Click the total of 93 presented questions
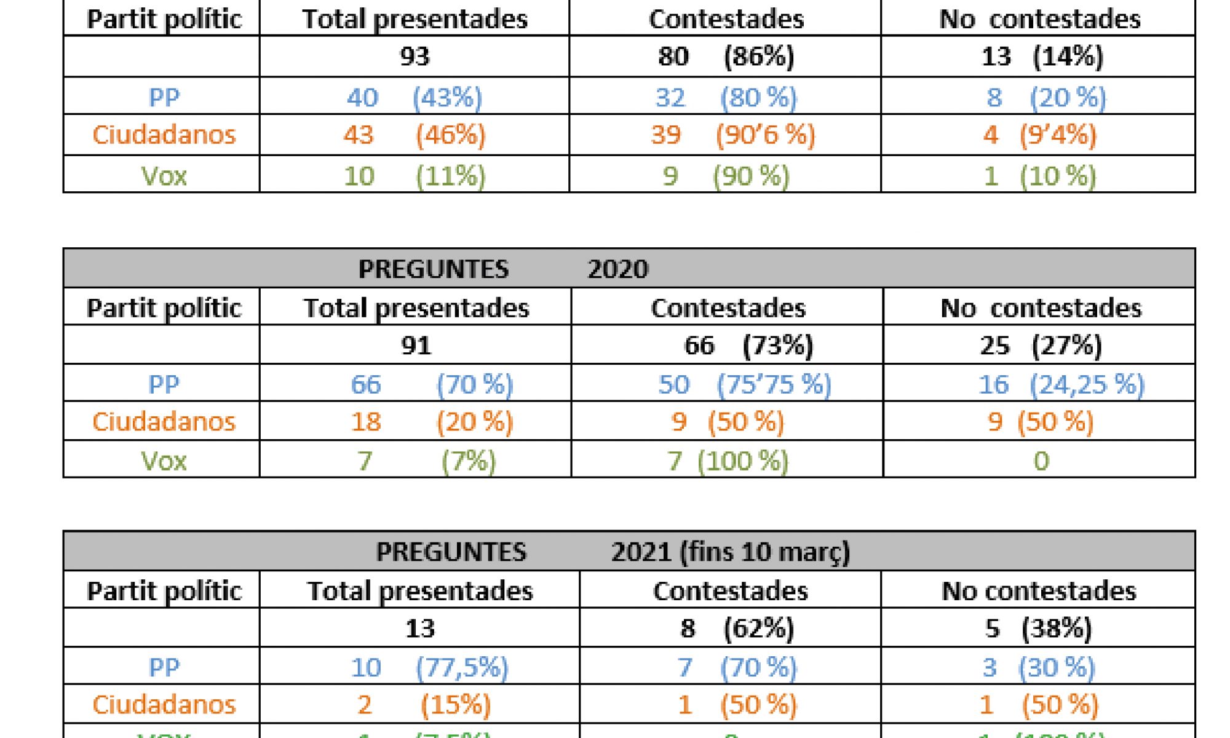click(x=415, y=57)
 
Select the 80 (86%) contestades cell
click(x=726, y=57)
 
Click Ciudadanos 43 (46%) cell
click(x=415, y=135)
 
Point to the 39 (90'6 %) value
click(x=732, y=135)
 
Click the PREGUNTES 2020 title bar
click(x=629, y=269)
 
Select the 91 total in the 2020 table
click(x=416, y=345)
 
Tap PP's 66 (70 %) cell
click(x=431, y=384)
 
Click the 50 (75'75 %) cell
click(x=744, y=384)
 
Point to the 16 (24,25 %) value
click(x=1061, y=384)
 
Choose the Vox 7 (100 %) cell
click(x=728, y=461)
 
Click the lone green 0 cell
click(x=1041, y=461)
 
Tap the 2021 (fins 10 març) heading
click(x=730, y=552)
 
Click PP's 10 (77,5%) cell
click(x=429, y=667)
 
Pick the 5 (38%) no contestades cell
click(x=1038, y=629)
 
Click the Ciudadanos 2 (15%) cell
click(x=424, y=705)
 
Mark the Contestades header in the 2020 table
click(x=728, y=307)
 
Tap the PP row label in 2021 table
click(x=164, y=667)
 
